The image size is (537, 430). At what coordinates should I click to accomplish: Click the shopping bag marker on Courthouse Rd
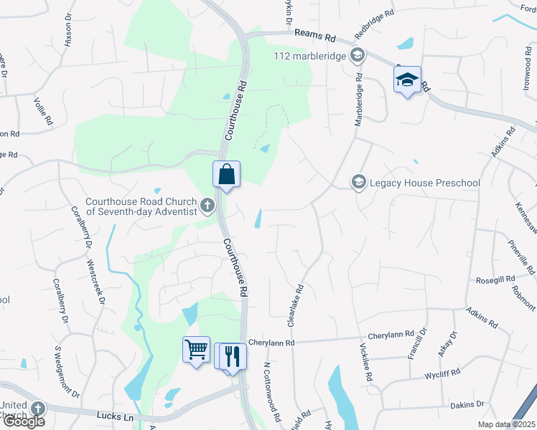pyautogui.click(x=226, y=175)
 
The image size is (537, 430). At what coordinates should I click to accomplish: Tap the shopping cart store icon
pyautogui.click(x=196, y=350)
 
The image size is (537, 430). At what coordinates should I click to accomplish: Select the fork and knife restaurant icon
pyautogui.click(x=232, y=356)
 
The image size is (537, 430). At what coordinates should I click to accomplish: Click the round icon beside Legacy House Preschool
pyautogui.click(x=358, y=183)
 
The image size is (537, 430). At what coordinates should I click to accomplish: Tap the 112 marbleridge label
pyautogui.click(x=310, y=56)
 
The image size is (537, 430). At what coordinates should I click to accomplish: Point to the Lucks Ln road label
pyautogui.click(x=115, y=416)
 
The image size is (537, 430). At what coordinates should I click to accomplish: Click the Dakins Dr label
pyautogui.click(x=469, y=405)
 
